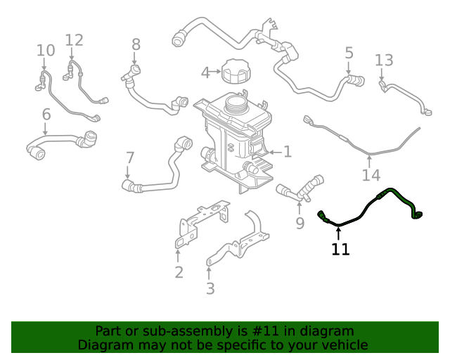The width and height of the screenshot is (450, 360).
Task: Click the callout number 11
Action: (340, 249)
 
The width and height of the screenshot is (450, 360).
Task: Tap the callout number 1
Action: (287, 151)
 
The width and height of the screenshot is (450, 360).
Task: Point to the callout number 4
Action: (205, 72)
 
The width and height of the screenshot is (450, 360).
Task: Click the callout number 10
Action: (46, 50)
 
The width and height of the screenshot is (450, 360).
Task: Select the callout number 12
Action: (75, 40)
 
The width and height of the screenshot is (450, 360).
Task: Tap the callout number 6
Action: (46, 114)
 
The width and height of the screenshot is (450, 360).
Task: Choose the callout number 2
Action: (179, 272)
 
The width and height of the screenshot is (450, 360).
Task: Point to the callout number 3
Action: (210, 288)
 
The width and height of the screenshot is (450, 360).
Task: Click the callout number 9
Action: (300, 223)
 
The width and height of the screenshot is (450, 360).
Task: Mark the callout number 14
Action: (371, 174)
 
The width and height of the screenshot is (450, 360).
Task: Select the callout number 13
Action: (384, 60)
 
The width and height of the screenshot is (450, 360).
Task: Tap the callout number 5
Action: (349, 52)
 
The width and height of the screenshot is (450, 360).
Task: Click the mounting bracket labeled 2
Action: (200, 221)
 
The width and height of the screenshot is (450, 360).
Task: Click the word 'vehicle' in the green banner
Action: (342, 345)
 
